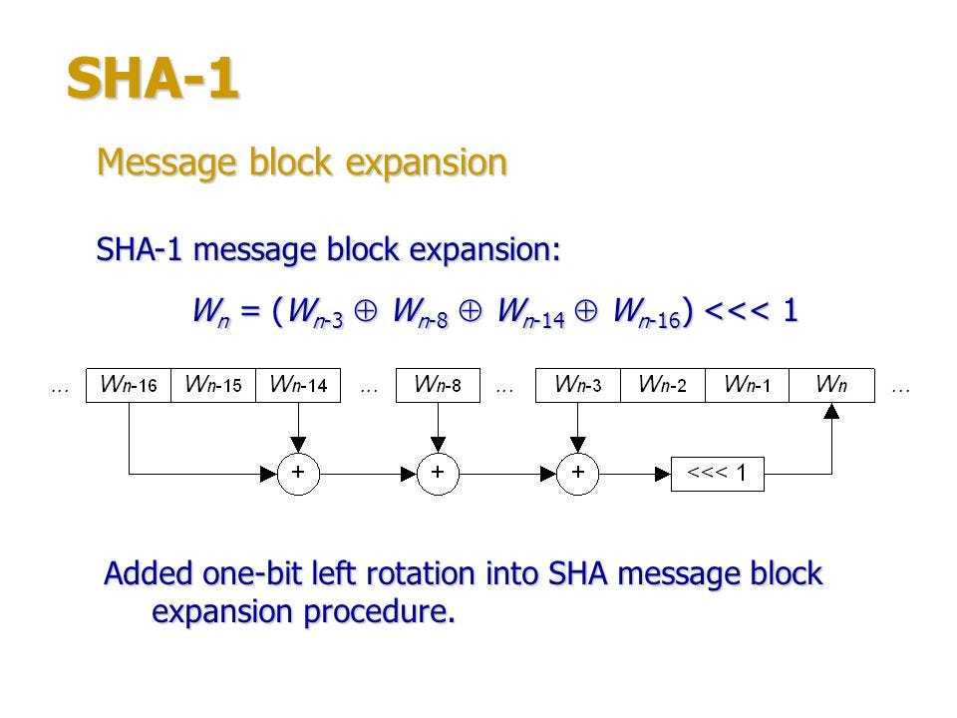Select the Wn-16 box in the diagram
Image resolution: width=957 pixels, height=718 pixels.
point(129,385)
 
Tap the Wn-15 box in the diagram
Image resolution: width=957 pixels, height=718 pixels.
point(213,385)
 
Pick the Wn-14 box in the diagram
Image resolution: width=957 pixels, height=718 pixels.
point(298,385)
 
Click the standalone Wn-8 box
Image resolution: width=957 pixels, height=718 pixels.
point(438,385)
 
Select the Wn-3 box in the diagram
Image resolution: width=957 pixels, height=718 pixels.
point(578,385)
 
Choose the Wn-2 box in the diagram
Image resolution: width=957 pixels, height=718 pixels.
point(663,385)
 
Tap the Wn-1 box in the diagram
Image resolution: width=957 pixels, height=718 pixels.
point(747,385)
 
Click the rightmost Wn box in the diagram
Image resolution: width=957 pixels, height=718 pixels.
point(831,385)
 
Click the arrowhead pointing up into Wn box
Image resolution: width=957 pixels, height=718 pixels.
point(831,411)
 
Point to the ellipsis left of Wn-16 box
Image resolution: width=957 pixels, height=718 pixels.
point(60,389)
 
